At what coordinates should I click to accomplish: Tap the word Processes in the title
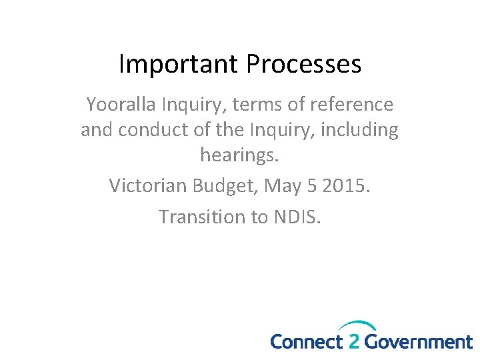[x=304, y=64]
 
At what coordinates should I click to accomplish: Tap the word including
[x=360, y=129]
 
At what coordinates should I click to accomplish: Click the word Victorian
[x=148, y=185]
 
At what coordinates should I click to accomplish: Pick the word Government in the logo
[x=419, y=342]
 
